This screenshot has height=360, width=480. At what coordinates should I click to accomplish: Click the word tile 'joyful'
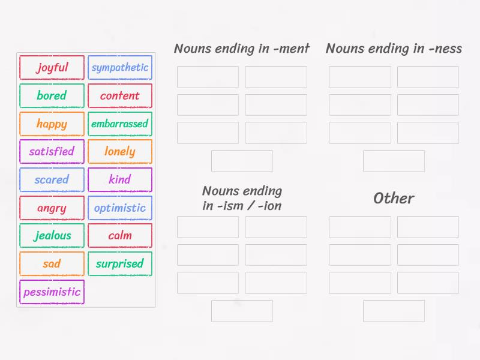pos(52,67)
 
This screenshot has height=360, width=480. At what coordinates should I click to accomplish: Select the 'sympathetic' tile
pos(120,67)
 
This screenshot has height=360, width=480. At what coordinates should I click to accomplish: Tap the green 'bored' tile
pos(52,95)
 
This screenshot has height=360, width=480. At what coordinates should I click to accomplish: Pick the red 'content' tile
pos(120,95)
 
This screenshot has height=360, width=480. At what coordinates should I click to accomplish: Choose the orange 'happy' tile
pos(52,124)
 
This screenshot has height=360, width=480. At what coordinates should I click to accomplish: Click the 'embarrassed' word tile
pos(120,124)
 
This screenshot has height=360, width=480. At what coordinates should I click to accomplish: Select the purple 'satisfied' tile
pos(52,151)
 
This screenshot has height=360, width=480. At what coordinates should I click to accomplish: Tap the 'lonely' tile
pos(120,151)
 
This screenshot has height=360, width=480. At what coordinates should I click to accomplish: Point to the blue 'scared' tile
pos(52,179)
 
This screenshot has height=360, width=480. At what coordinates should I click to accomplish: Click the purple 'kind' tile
pos(120,179)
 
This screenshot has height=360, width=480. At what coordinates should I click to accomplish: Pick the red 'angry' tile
pos(52,208)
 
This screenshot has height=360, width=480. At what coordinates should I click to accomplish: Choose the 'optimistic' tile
pos(120,208)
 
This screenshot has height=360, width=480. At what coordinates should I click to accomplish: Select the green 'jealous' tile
pos(52,235)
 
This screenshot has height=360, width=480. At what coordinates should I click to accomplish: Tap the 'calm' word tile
pos(120,235)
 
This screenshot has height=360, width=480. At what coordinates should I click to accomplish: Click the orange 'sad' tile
pos(52,263)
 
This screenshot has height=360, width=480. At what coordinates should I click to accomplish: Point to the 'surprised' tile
pos(120,263)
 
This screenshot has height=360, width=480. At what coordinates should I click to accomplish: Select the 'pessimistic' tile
pos(52,292)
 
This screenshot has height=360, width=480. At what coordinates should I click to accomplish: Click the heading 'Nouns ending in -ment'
pos(242,49)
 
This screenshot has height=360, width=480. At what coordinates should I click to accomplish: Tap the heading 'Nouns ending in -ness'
pos(394,49)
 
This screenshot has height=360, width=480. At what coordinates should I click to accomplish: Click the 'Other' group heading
pos(394,198)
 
